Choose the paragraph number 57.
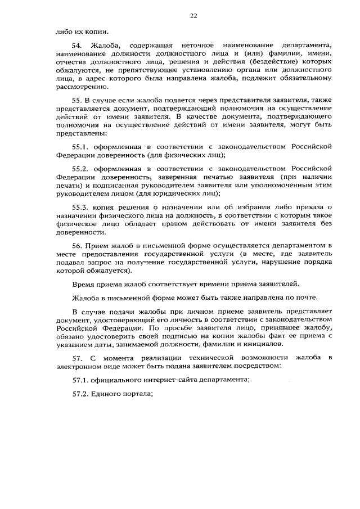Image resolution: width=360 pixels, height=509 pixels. [x=78, y=358]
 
